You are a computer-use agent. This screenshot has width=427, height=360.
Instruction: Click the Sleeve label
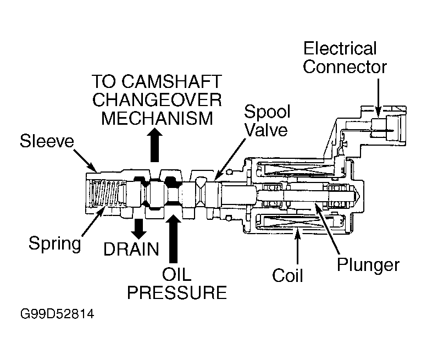pyautogui.click(x=47, y=141)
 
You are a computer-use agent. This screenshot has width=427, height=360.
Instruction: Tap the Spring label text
pyautogui.click(x=55, y=243)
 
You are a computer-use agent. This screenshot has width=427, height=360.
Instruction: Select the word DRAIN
pyautogui.click(x=131, y=249)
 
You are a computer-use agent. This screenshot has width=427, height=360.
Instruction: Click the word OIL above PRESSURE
pyautogui.click(x=176, y=275)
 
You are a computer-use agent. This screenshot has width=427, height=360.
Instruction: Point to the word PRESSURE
pyautogui.click(x=177, y=292)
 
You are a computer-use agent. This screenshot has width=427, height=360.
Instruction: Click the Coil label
pyautogui.click(x=287, y=275)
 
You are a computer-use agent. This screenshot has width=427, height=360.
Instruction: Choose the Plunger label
pyautogui.click(x=368, y=265)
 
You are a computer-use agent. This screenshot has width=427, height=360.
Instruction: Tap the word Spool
pyautogui.click(x=267, y=112)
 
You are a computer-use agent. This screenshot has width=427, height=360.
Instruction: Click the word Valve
pyautogui.click(x=267, y=130)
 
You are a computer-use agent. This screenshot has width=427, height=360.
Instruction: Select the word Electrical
pyautogui.click(x=340, y=48)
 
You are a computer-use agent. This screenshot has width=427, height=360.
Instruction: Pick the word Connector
pyautogui.click(x=345, y=67)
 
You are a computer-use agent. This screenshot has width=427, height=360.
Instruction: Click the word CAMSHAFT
pyautogui.click(x=172, y=81)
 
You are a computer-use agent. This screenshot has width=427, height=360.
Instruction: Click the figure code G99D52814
pyautogui.click(x=57, y=314)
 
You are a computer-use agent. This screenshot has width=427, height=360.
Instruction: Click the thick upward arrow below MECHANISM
pyautogui.click(x=154, y=145)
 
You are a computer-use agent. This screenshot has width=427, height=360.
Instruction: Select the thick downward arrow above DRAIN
pyautogui.click(x=139, y=229)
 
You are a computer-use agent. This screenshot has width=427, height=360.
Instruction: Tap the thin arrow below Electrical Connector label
pyautogui.click(x=378, y=98)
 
